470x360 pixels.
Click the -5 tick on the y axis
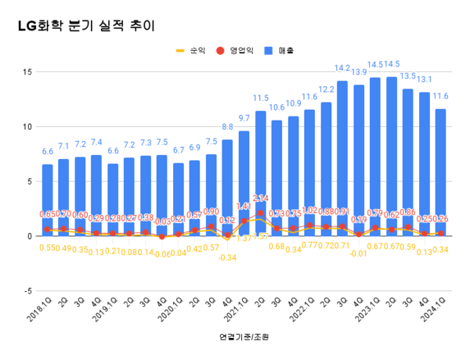(26, 291)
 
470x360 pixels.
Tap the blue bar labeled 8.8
(227, 188)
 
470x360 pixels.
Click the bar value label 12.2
(326, 90)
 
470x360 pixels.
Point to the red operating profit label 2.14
(262, 199)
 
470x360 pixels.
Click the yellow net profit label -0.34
(228, 257)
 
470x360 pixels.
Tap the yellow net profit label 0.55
(48, 248)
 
